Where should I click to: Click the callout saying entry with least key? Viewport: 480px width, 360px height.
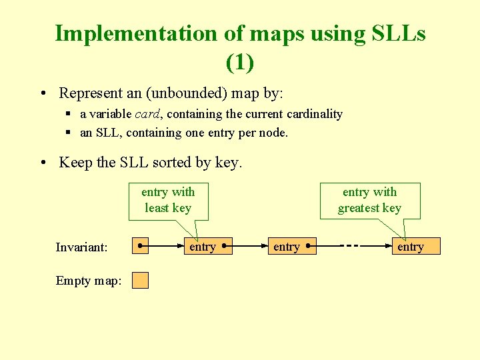(x=168, y=200)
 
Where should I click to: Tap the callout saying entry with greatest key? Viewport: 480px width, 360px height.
(x=369, y=200)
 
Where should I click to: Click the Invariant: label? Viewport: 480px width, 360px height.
(x=81, y=247)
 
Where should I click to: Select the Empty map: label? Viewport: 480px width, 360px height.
(x=89, y=281)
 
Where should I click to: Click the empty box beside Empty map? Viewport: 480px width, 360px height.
(x=140, y=280)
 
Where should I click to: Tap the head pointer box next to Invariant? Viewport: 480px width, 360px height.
(x=140, y=246)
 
